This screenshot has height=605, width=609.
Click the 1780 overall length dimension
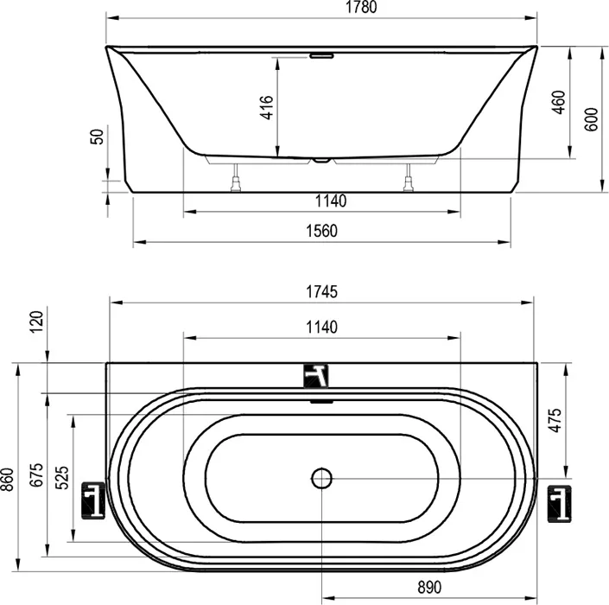(x=361, y=7)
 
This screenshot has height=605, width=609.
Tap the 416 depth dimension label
(x=267, y=108)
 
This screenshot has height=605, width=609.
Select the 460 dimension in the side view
(x=559, y=102)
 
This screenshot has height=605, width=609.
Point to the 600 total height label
(x=591, y=119)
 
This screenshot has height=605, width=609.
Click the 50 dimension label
(x=97, y=137)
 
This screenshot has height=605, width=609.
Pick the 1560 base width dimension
(x=321, y=232)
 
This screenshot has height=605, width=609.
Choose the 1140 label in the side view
(x=330, y=201)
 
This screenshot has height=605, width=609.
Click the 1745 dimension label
(x=321, y=292)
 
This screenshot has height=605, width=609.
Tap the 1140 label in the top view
(x=321, y=328)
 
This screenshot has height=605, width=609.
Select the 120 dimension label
(x=36, y=322)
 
